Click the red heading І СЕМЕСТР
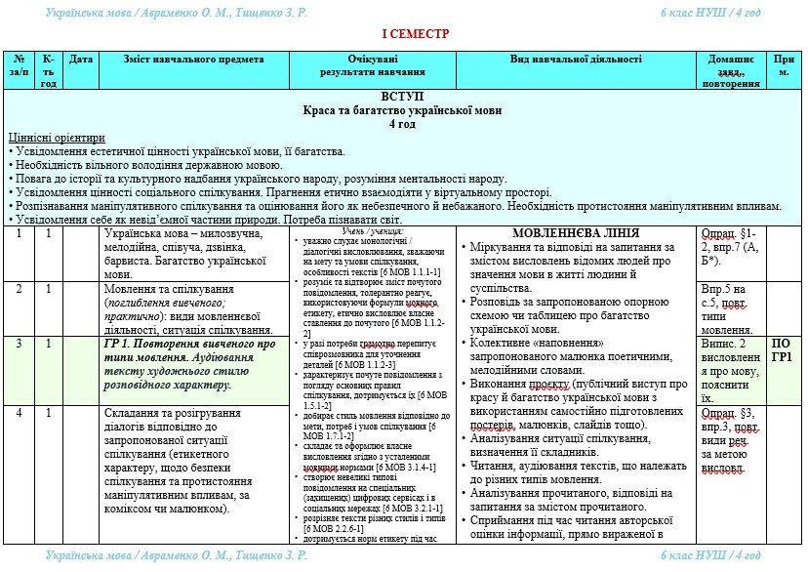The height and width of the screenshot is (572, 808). [415, 34]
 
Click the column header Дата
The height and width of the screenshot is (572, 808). [82, 60]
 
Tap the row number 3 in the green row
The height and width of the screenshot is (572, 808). [19, 344]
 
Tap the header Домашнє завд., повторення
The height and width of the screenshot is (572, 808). [730, 71]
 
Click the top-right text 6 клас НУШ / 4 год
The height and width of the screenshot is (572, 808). [710, 12]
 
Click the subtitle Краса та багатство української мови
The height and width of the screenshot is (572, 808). [403, 110]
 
